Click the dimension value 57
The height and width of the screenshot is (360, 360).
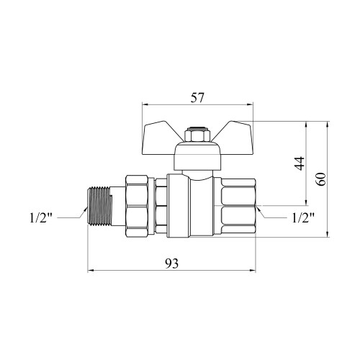[x=197, y=98]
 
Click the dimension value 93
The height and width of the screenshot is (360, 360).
[x=172, y=264]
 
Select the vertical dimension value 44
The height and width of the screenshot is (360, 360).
[x=300, y=163]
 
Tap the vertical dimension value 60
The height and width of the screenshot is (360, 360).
[x=320, y=179]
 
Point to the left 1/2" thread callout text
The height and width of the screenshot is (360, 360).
[x=41, y=218]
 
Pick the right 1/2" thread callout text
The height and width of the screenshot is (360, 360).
[x=303, y=218]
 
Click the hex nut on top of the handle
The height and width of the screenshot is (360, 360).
[x=197, y=135]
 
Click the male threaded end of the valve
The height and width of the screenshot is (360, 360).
[x=99, y=207]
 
